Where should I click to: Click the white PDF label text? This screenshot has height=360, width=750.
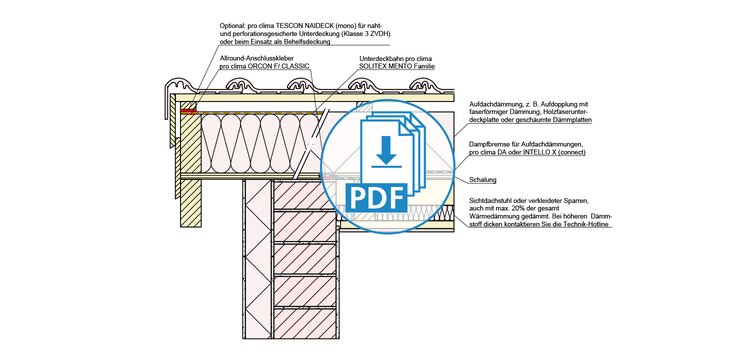(375, 197)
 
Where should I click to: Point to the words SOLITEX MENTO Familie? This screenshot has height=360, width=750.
(397, 66)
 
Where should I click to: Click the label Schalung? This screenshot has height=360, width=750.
(483, 180)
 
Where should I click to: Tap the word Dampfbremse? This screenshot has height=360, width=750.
(487, 144)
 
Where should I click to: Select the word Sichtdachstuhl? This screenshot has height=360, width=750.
(489, 200)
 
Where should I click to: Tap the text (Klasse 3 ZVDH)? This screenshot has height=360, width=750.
(369, 33)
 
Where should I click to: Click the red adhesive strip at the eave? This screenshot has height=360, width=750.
(188, 112)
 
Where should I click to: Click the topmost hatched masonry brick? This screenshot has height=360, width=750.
(304, 195)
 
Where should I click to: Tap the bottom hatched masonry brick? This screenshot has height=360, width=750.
(305, 323)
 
